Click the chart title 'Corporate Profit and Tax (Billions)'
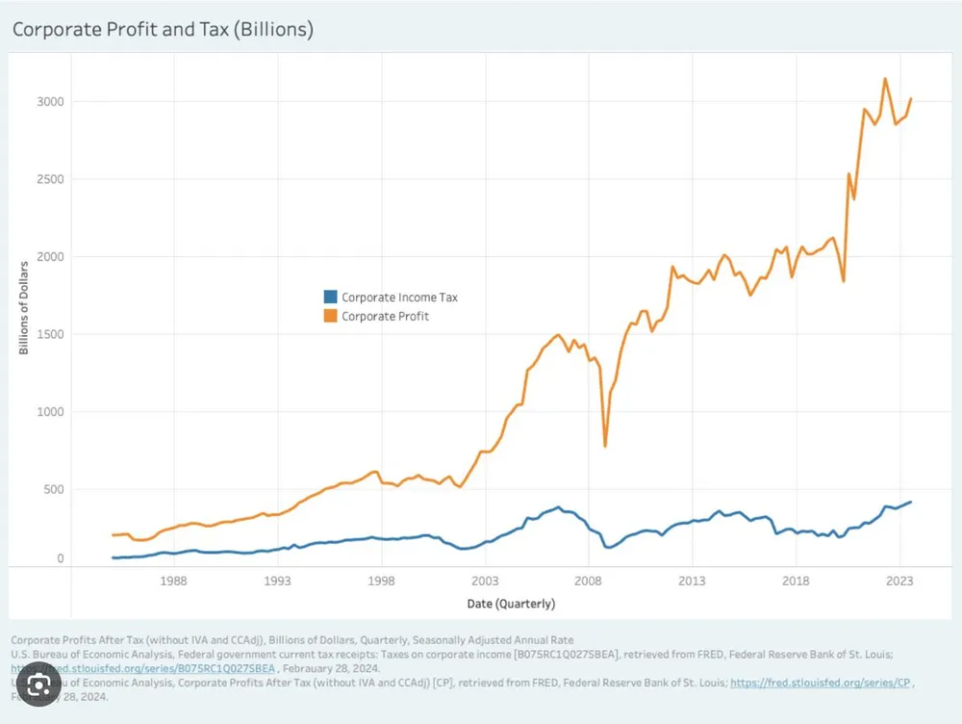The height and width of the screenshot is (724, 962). coord(163,30)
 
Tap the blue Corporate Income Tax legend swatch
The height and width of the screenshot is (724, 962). coord(330,297)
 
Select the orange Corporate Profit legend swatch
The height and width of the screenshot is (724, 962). coord(330,316)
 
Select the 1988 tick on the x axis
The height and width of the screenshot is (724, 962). coord(173,581)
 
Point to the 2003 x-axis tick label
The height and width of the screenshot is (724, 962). coord(485,581)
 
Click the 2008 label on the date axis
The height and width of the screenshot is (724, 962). coord(589,581)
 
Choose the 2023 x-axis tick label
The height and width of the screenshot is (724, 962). coord(900,581)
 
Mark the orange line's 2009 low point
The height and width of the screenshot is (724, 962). coord(605,446)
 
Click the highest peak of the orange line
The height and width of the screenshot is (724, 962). coord(885,79)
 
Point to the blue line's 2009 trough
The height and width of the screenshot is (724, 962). coord(608,547)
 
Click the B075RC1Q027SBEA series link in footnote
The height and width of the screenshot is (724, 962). coord(144,667)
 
